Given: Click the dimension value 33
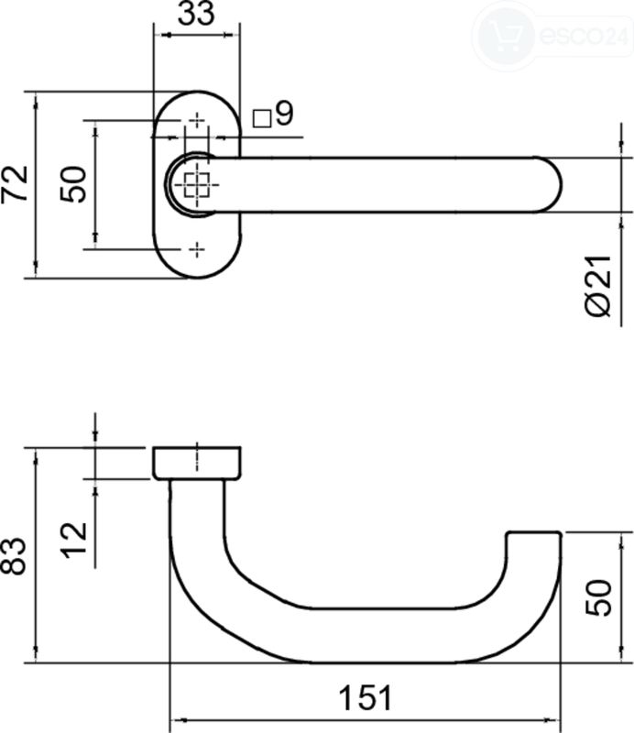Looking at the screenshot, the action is point(196,13).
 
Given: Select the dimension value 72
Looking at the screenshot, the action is point(16,184).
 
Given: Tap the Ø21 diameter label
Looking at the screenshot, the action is point(598,286).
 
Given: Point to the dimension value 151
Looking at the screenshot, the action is point(365,697).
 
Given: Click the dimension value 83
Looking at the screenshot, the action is point(13,555).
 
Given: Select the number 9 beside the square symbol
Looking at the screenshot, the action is point(285,113).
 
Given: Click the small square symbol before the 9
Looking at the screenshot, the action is point(262,118).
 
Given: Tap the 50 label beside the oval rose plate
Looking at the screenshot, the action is point(74,184).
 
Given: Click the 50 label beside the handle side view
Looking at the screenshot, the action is point(598,597).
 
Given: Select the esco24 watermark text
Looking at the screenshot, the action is point(584,35).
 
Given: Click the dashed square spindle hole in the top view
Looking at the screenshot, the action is point(196,185).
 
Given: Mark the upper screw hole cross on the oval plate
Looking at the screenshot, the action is point(197,120).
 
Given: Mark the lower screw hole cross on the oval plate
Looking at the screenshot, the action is point(197,249).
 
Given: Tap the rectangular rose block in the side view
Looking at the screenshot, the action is point(197,463).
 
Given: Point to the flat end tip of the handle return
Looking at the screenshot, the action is point(534,532).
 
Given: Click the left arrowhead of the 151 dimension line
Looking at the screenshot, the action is point(178,720).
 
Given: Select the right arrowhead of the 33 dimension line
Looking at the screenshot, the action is point(228,35).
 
